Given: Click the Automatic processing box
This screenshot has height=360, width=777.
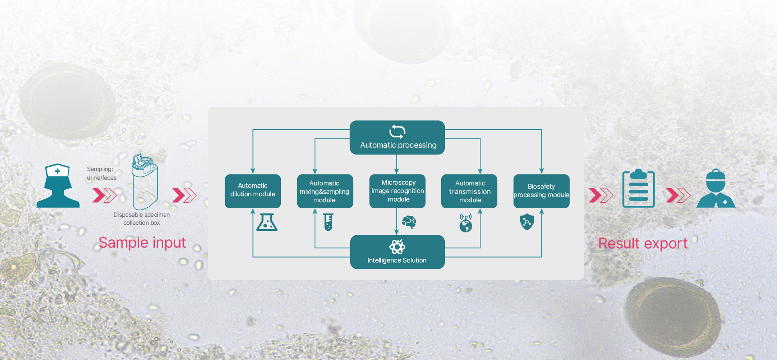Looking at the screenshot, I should coord(397,138).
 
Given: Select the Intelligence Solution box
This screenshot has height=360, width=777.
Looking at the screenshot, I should coord(397,252).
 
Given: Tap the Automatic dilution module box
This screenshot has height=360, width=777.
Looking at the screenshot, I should coord(253,191).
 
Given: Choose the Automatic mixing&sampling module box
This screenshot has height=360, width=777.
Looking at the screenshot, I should coord(325,191).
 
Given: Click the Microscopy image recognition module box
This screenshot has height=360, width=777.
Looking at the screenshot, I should coord(397,191).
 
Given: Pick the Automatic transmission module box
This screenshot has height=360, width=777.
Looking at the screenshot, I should coord(469,191).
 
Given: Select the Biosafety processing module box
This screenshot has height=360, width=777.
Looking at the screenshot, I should coord(542,191).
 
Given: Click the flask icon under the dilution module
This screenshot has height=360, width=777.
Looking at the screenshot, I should coord(267,222).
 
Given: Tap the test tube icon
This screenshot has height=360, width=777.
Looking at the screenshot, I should coord(329,222).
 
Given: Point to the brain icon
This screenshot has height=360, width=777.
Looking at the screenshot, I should coord(409,222).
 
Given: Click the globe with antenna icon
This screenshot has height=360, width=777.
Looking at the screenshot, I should coord(466,223).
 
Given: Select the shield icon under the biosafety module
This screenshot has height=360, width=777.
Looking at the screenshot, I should coord(527,222).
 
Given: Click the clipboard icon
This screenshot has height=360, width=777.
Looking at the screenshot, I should coord(638,189).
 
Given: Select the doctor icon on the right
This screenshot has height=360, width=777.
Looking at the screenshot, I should coord(716,189).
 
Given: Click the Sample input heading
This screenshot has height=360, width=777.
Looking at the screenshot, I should coord(142,243).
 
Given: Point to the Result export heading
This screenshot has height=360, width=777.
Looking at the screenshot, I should coord(643,244).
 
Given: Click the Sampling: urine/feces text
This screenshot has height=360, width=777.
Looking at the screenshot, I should coord(101,173).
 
